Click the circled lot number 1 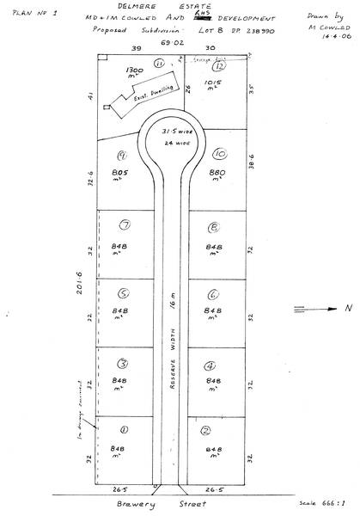124,429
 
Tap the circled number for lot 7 125,226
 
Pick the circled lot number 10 220,154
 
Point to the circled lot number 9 123,156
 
